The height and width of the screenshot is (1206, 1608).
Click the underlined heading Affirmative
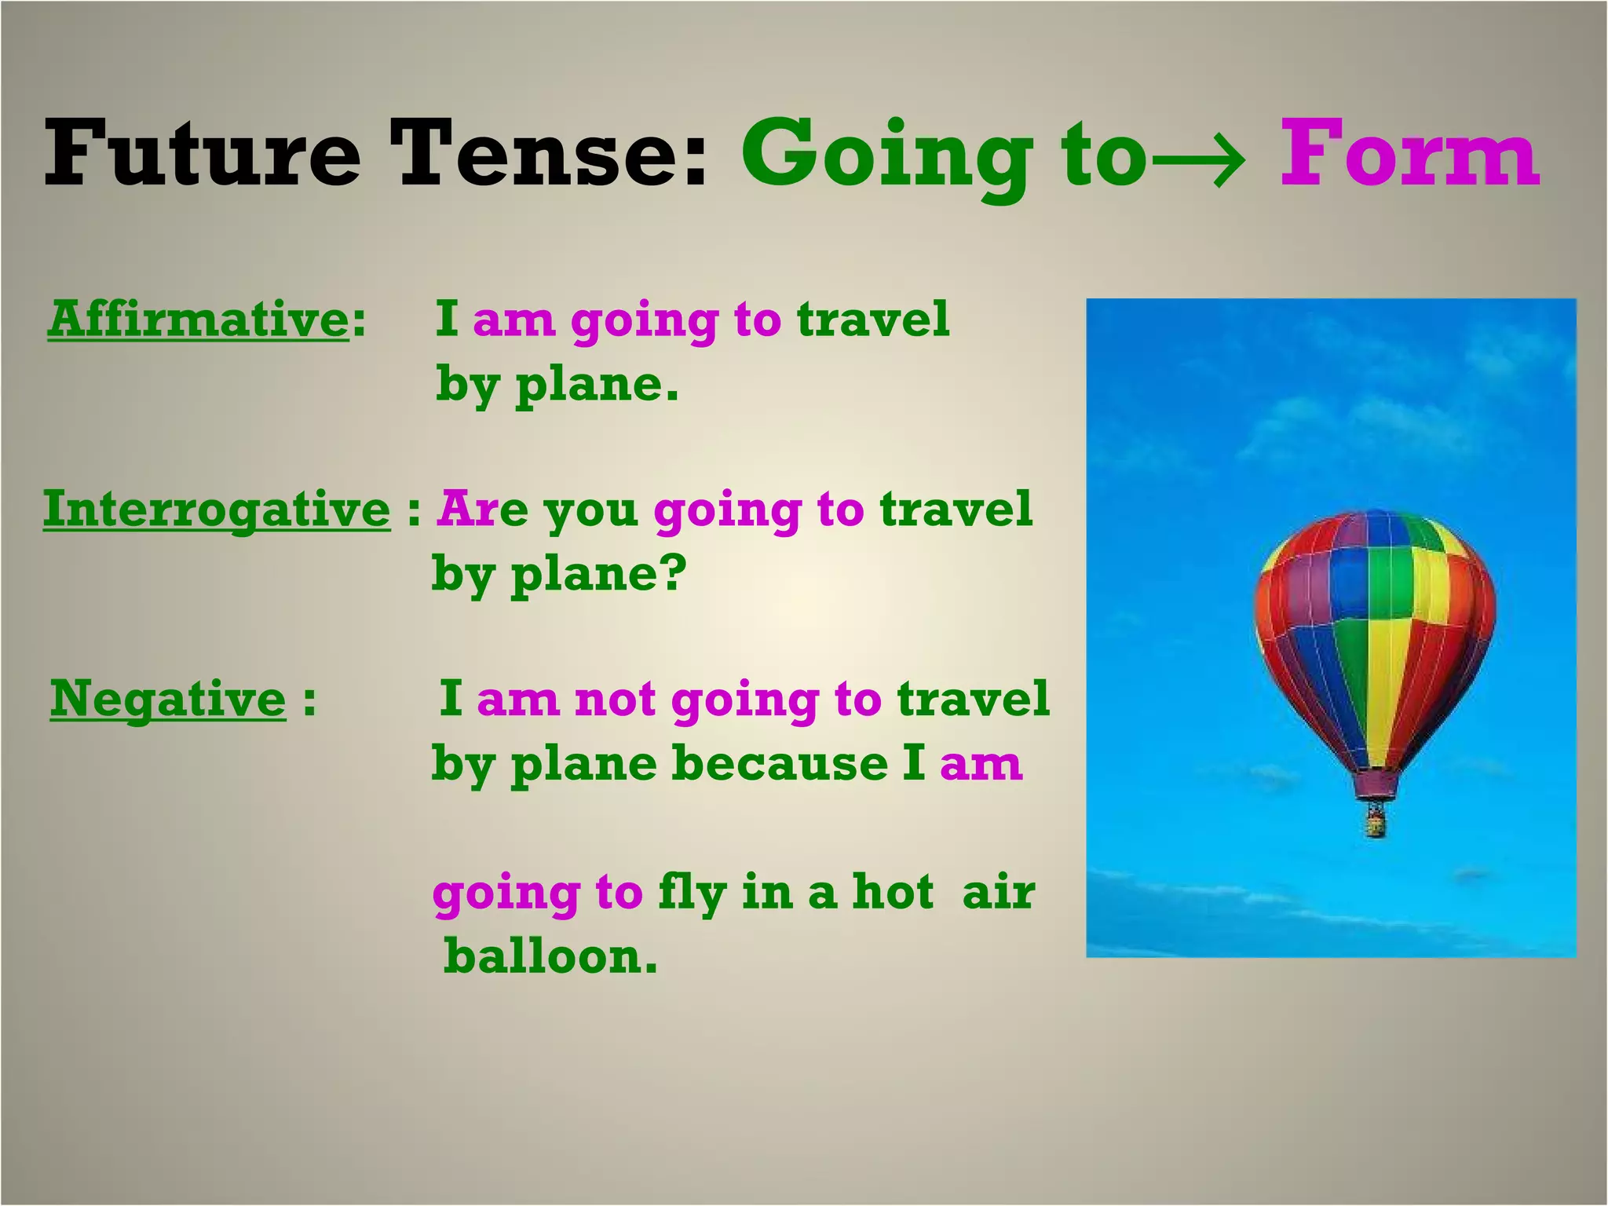pos(198,320)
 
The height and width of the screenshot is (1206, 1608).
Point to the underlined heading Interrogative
pos(217,509)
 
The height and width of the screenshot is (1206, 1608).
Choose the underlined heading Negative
pos(168,698)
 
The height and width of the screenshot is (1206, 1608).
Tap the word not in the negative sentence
pos(615,700)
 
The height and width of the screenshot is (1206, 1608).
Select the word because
pos(780,763)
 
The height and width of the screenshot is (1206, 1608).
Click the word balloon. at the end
pos(550,956)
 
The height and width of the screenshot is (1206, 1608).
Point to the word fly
pos(691,894)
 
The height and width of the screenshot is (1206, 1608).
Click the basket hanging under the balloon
pos(1375,823)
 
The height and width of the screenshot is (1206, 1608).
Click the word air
pos(999,894)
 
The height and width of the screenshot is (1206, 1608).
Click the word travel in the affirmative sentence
pos(873,320)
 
